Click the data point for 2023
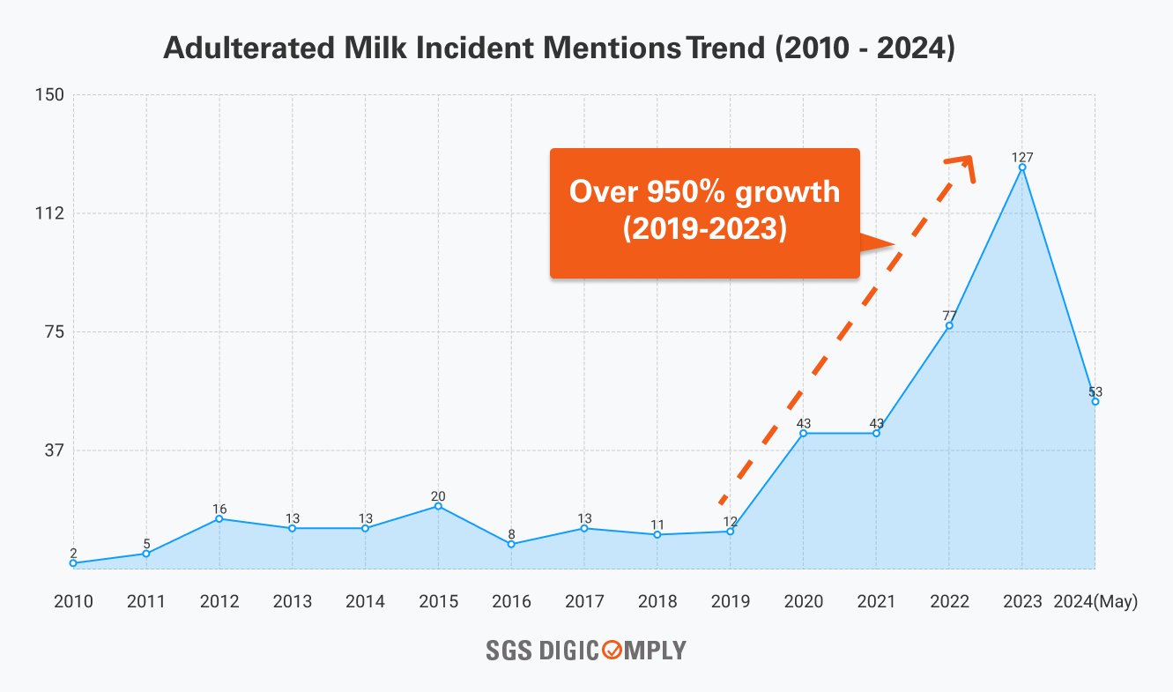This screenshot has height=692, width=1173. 1022,167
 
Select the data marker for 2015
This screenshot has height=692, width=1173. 438,506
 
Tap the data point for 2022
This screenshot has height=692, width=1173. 949,325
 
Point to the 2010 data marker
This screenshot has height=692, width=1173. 73,562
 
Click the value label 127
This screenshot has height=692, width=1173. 1022,157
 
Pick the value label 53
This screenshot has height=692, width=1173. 1095,391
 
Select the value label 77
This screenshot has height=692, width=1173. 949,316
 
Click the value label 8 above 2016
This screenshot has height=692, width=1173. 511,534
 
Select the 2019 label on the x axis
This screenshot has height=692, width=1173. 731,602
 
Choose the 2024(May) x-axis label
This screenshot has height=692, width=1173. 1095,602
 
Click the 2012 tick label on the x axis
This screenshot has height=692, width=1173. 219,602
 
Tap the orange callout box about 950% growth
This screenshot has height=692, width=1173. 704,212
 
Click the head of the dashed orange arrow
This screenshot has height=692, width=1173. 965,163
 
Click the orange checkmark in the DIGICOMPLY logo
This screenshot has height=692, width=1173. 611,651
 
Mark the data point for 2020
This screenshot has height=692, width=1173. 803,433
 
